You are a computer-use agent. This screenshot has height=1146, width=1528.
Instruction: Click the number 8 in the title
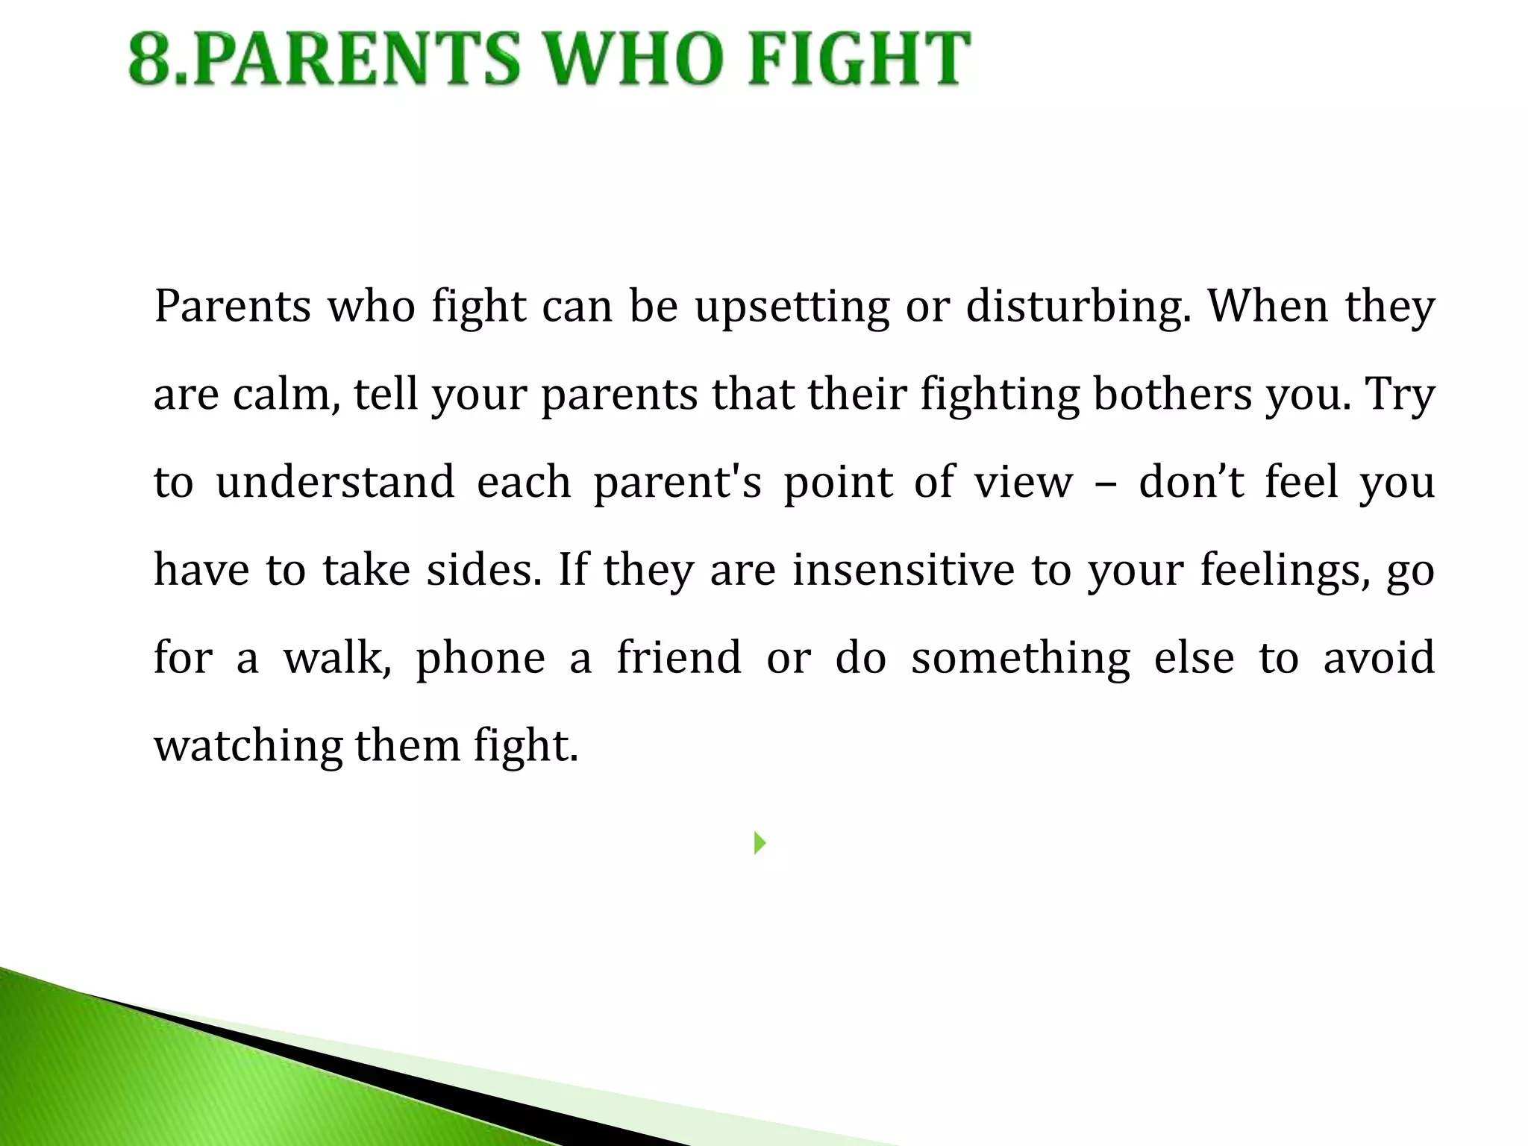153,60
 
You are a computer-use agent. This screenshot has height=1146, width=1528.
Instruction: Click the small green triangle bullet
760,843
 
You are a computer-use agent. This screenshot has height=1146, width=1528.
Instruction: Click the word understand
335,482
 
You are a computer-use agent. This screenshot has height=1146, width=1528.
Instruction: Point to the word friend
679,657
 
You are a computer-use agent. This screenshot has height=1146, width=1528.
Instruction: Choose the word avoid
1379,657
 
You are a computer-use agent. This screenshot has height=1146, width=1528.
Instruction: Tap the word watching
248,746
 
